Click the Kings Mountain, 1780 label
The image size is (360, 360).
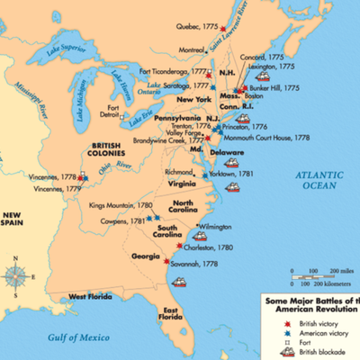(119, 206)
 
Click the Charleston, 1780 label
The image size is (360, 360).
(212, 246)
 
